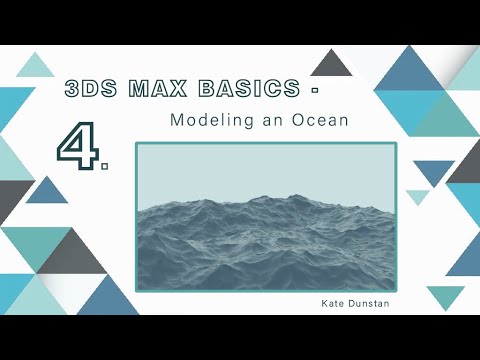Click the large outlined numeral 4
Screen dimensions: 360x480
tap(76, 147)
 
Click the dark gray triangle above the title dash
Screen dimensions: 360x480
tap(331, 64)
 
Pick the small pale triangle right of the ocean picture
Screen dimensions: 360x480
tap(417, 196)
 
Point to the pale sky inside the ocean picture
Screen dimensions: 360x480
tap(265, 170)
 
